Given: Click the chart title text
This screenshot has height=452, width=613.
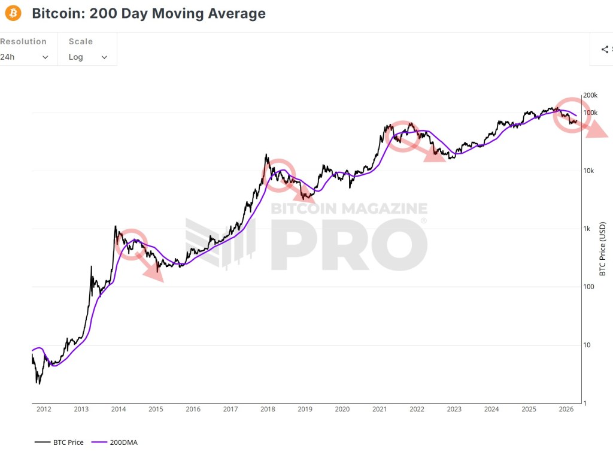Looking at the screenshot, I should coord(148,13).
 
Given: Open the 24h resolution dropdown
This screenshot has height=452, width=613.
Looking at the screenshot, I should coord(25,57).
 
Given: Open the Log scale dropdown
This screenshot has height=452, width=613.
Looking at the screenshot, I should coord(87,57).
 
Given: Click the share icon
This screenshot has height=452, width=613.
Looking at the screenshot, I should coord(605,50).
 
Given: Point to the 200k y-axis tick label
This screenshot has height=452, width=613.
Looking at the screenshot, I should coord(591,95).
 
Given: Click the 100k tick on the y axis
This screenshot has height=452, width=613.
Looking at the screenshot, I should coord(591,113).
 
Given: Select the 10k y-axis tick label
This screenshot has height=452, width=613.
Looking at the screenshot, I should coord(589,171).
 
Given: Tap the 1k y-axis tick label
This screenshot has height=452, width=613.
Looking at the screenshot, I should coord(587,229).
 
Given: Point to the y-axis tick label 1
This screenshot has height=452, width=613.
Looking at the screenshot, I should coord(585,403).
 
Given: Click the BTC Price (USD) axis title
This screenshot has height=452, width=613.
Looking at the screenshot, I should coord(603,249).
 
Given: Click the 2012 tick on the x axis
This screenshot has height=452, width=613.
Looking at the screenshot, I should coord(44,409).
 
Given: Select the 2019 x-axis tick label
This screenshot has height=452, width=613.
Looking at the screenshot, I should coord(305,409).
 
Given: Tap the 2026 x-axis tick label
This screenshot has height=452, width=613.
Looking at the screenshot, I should coord(566,409).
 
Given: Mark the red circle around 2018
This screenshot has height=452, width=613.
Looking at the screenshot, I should coord(279,175).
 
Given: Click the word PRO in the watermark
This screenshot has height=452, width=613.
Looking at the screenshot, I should coord(349,244).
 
